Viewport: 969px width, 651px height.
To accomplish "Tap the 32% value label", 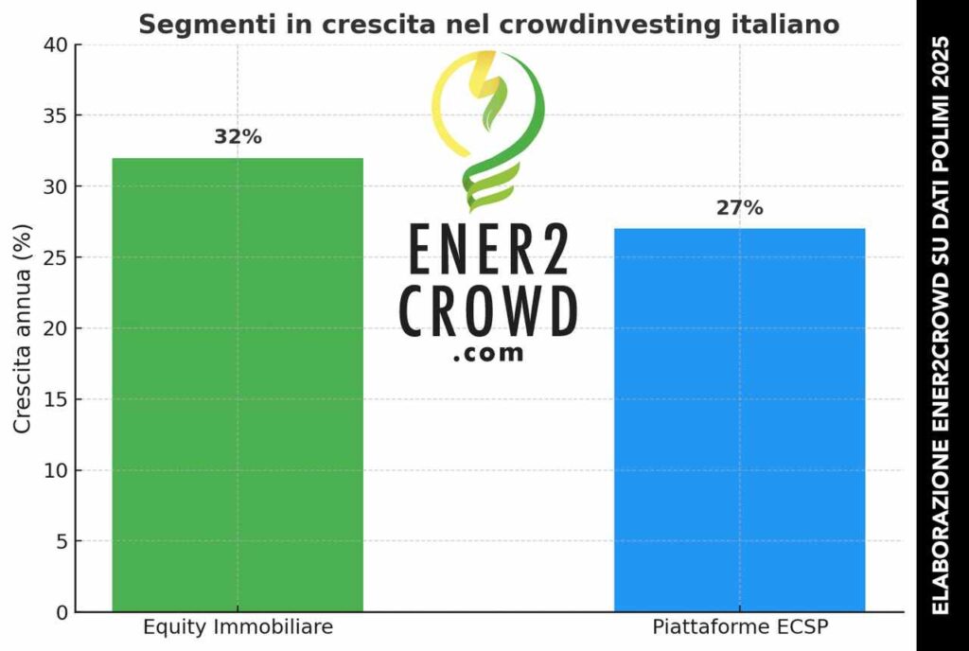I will pos(238,137).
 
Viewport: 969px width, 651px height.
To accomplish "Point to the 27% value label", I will pos(739,208).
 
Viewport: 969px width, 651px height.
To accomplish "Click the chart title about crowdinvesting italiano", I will pos(489,25).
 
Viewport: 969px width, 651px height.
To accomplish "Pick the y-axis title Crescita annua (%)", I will pos(23,328).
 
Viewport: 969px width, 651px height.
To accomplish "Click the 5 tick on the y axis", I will pos(62,541).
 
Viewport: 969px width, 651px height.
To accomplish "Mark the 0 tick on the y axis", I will pos(62,612).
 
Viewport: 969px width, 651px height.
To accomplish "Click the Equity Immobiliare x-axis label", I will pos(238,627).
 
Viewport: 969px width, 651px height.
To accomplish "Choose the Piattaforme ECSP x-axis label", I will pos(739,627).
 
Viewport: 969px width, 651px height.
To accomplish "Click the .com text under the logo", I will pos(488,355).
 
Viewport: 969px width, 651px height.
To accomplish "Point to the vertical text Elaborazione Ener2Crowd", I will pos(941,325).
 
